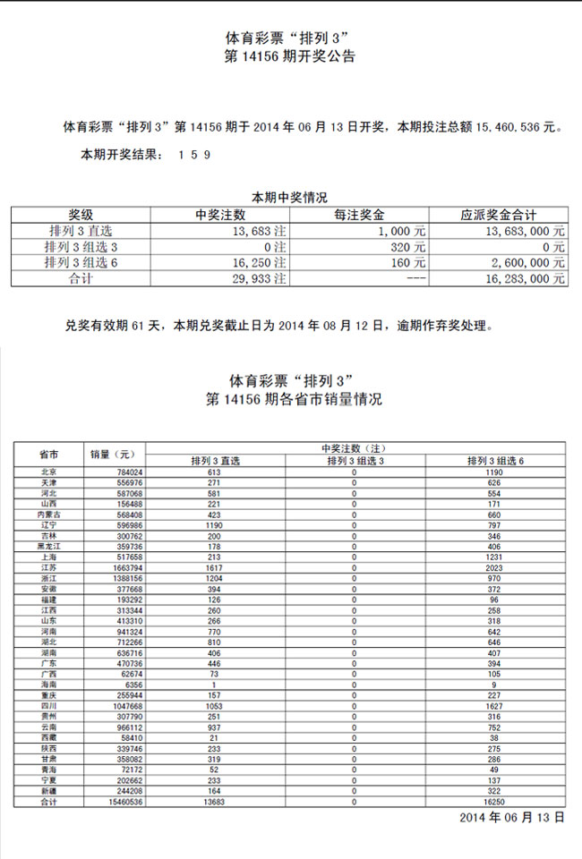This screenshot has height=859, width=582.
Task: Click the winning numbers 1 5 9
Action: tap(194, 155)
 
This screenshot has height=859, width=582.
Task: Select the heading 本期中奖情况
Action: tap(289, 197)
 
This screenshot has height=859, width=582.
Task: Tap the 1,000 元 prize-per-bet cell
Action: tap(407, 231)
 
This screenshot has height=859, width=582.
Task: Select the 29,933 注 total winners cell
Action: tap(252, 279)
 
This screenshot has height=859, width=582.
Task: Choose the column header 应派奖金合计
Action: tap(498, 215)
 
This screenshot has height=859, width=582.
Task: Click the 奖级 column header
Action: tap(81, 215)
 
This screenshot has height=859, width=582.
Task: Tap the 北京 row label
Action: tap(48, 472)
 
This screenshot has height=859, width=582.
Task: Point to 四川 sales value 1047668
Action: tap(114, 705)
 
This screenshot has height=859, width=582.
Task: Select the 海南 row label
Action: tap(48, 684)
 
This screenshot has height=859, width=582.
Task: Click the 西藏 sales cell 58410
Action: tap(116, 737)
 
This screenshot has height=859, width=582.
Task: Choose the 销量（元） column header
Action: tap(112, 453)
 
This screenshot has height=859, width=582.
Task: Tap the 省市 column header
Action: tap(48, 453)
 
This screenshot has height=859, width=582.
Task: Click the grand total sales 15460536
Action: tap(112, 801)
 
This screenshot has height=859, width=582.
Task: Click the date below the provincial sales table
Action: tap(512, 818)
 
